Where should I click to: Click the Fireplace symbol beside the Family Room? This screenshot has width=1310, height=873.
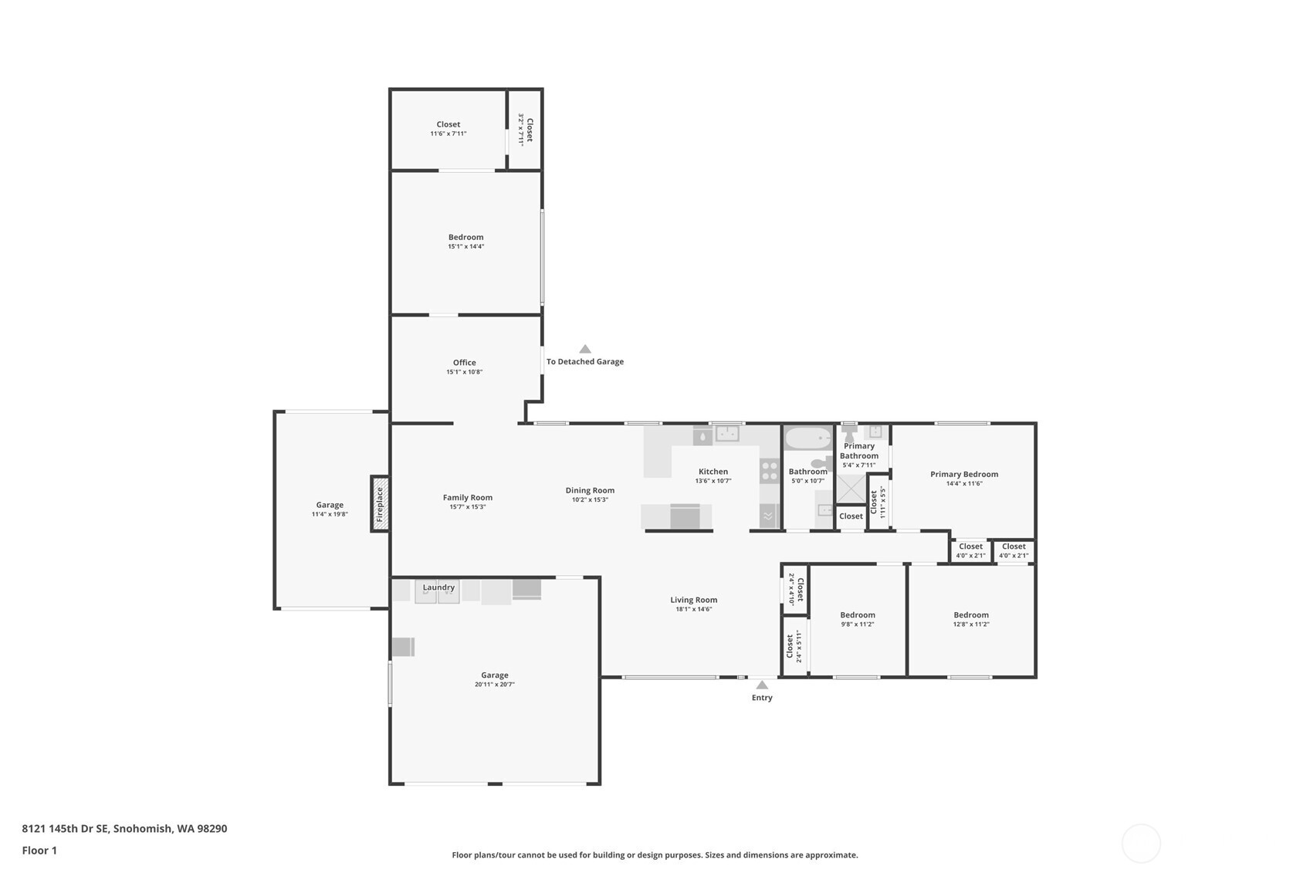(380, 504)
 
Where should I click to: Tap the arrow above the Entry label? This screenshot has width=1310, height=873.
(762, 685)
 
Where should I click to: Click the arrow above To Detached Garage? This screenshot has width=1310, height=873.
(585, 349)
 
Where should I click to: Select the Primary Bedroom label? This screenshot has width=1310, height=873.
(964, 475)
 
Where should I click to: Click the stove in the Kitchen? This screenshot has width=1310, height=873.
(769, 471)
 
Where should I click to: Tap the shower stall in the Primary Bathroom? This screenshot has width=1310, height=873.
(851, 489)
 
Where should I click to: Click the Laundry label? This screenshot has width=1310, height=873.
(438, 587)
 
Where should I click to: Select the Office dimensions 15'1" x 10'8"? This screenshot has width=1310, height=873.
(464, 372)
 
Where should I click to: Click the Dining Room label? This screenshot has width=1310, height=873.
(590, 490)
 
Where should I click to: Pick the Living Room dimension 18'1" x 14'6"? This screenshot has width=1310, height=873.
(693, 609)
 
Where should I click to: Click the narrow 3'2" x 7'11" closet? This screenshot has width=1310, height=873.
(525, 130)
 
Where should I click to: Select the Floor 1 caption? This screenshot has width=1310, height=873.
(39, 850)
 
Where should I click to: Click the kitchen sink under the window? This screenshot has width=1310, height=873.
(726, 435)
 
